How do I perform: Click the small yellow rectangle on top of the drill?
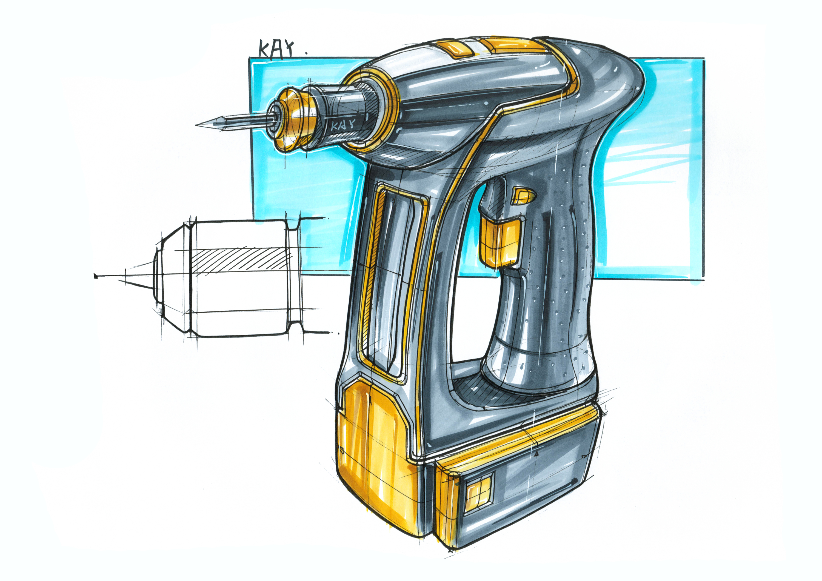pos(454,49)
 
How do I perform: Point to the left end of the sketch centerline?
pos(96,276)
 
